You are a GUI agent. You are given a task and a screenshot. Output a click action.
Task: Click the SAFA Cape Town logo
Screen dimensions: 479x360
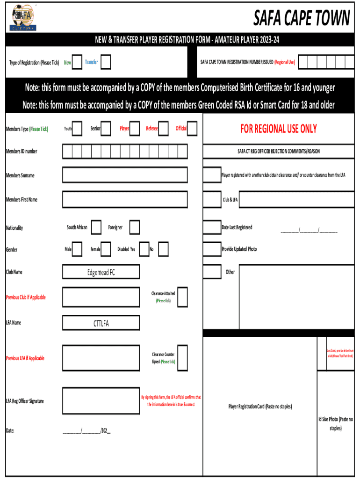tap(23, 18)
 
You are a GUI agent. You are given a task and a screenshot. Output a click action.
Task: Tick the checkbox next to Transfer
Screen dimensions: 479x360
tap(106, 62)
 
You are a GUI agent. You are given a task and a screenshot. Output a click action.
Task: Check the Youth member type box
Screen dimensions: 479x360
tap(78, 128)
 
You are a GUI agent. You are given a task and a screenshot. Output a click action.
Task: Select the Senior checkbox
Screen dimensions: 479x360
tap(106, 128)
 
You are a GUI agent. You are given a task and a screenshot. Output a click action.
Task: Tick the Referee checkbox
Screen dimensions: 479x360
tap(163, 128)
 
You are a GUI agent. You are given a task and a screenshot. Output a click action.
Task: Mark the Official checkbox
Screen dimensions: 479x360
tap(192, 128)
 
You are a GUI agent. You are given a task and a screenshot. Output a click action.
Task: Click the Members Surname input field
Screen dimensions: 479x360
tap(125, 175)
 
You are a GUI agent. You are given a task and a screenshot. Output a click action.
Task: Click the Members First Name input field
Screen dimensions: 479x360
tap(125, 200)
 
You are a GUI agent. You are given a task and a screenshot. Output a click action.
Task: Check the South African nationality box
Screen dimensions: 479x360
tap(96, 227)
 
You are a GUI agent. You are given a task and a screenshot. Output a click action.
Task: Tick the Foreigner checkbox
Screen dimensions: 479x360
tap(135, 227)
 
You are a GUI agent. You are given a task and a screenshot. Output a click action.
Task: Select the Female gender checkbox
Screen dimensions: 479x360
tap(106, 249)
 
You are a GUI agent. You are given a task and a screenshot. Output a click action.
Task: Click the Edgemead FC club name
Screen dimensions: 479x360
tap(101, 272)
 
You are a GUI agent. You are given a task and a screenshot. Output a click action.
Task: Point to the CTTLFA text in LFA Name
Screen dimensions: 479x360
tap(101, 323)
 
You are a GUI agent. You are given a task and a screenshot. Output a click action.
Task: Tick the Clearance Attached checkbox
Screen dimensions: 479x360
tap(182, 297)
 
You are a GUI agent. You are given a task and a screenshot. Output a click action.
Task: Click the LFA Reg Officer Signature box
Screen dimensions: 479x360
tap(101, 401)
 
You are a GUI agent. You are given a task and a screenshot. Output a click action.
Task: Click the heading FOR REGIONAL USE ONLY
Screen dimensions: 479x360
tap(279, 129)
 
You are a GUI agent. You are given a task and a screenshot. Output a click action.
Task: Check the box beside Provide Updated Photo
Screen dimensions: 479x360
tap(212, 249)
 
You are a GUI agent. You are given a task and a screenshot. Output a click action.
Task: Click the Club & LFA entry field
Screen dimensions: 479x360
tap(296, 200)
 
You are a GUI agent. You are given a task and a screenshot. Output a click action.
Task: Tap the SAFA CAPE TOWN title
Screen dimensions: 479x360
tap(302, 18)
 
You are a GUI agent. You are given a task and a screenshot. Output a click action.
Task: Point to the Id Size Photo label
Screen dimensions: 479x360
tap(335, 423)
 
